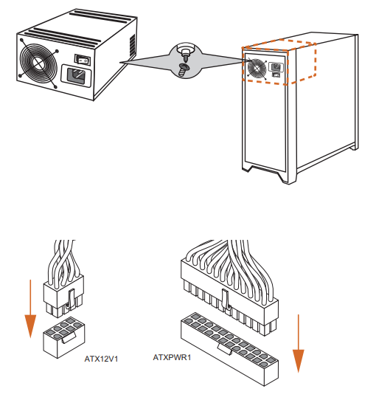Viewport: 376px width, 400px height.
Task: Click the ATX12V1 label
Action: point(101,359)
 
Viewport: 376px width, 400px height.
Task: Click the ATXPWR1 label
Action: point(172,357)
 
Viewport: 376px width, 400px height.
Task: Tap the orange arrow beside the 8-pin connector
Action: point(30,308)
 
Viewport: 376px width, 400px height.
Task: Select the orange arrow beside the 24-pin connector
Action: point(298,343)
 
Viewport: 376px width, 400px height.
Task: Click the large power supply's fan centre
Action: point(38,63)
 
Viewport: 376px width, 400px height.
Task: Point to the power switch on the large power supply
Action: point(83,60)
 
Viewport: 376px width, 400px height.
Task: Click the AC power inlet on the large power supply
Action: point(76,76)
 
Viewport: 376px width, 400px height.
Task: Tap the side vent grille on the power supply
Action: point(133,46)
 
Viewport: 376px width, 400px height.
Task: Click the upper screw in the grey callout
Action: point(185,52)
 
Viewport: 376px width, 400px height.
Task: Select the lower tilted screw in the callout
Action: point(184,69)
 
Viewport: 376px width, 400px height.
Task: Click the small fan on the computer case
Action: point(257,68)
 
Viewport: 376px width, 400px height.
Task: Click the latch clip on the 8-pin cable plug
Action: point(72,299)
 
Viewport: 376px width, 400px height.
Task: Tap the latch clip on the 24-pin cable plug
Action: point(226,300)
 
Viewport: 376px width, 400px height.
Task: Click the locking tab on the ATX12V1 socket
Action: point(69,337)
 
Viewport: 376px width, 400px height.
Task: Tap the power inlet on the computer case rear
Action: point(276,66)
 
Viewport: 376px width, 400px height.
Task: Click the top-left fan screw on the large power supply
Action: point(21,41)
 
